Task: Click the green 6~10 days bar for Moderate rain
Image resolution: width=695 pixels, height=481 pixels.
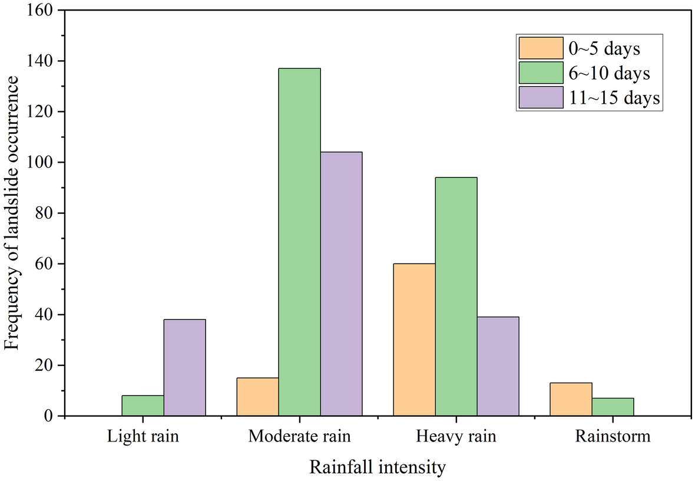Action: (x=299, y=242)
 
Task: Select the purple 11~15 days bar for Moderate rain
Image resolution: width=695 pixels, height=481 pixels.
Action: (x=341, y=284)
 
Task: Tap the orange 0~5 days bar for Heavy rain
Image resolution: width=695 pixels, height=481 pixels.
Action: (x=414, y=340)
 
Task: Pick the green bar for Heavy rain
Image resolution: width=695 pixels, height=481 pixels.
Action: (x=456, y=296)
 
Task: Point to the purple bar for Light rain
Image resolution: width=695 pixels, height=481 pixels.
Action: (x=184, y=367)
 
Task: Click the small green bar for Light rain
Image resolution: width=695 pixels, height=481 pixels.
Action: (x=143, y=406)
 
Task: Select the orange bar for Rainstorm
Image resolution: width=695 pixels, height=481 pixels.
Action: (x=571, y=399)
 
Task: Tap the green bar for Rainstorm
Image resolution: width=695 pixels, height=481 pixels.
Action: (x=613, y=407)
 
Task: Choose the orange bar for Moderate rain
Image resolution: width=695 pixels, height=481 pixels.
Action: (x=257, y=397)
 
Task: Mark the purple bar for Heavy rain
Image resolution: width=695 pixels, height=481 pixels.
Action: (x=498, y=366)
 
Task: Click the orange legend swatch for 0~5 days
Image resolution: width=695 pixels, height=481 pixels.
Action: (x=540, y=48)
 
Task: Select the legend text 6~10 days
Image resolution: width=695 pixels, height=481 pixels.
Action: (x=610, y=73)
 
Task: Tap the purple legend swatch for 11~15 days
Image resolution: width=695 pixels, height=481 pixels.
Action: (x=540, y=98)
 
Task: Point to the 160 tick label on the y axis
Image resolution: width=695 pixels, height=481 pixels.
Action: (x=41, y=11)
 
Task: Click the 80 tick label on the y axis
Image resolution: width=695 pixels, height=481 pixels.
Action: (x=45, y=213)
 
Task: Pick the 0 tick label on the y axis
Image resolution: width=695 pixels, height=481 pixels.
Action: (x=49, y=416)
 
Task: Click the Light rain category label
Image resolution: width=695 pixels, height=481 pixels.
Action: (x=143, y=437)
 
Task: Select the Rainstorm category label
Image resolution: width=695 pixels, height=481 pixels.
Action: (x=613, y=437)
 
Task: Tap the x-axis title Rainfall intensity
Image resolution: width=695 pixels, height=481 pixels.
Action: (x=378, y=468)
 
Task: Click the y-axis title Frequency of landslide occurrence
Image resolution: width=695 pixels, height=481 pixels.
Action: (x=13, y=213)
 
